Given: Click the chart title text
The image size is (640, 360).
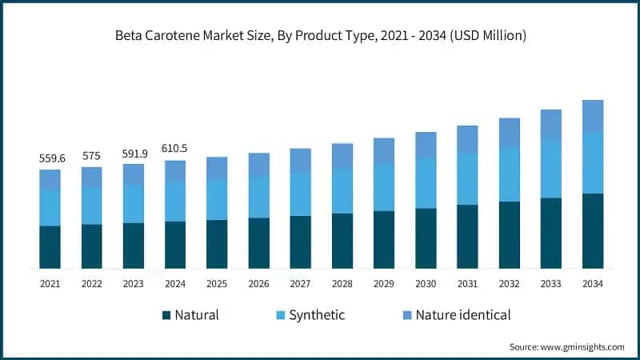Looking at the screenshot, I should point(319,36).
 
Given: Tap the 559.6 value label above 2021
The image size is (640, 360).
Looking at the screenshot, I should point(50,158).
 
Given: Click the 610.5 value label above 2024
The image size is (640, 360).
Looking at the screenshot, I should point(174,150).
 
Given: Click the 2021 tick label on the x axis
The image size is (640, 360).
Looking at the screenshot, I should point(50,283).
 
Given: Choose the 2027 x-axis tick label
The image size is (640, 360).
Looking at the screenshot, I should point(300,283).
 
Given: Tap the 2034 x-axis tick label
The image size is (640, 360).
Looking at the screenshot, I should point(592,283).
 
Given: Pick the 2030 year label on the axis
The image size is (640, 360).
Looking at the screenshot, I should point(426,283).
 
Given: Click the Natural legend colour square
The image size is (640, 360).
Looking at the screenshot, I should point(166,315).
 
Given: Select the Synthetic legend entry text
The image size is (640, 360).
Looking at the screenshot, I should point(317,315).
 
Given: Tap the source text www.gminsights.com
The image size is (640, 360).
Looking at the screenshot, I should point(566,346).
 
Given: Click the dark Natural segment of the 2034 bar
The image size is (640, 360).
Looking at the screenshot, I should point(592,230).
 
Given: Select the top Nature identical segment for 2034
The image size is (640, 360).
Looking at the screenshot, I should point(592,116).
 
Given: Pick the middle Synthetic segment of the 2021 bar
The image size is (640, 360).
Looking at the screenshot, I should point(50,208).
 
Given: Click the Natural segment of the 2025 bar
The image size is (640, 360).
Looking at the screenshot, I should point(217,244).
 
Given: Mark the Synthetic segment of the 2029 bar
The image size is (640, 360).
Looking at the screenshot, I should point(384,187).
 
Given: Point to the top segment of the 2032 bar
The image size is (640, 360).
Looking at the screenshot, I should point(509,133).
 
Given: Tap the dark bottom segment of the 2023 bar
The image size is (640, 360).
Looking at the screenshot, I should point(133,246).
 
